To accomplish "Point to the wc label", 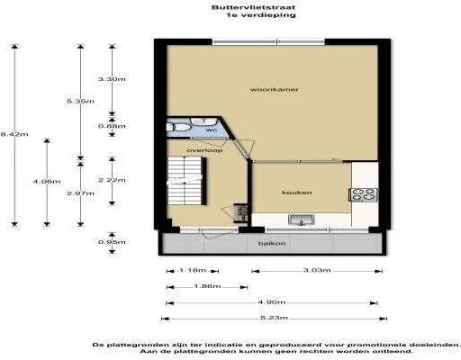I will coord(212,131).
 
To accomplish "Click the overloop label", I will coord(204,150).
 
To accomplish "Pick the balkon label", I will coord(272,243).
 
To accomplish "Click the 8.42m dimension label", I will coord(15,134).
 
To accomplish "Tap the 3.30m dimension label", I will coord(111,79).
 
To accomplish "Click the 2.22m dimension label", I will coord(111,180).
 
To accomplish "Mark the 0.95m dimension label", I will coord(111,241).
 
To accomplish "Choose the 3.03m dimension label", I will coord(315,270).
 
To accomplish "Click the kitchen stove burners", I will coord(364,192).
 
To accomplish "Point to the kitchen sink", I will coord(300,218).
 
